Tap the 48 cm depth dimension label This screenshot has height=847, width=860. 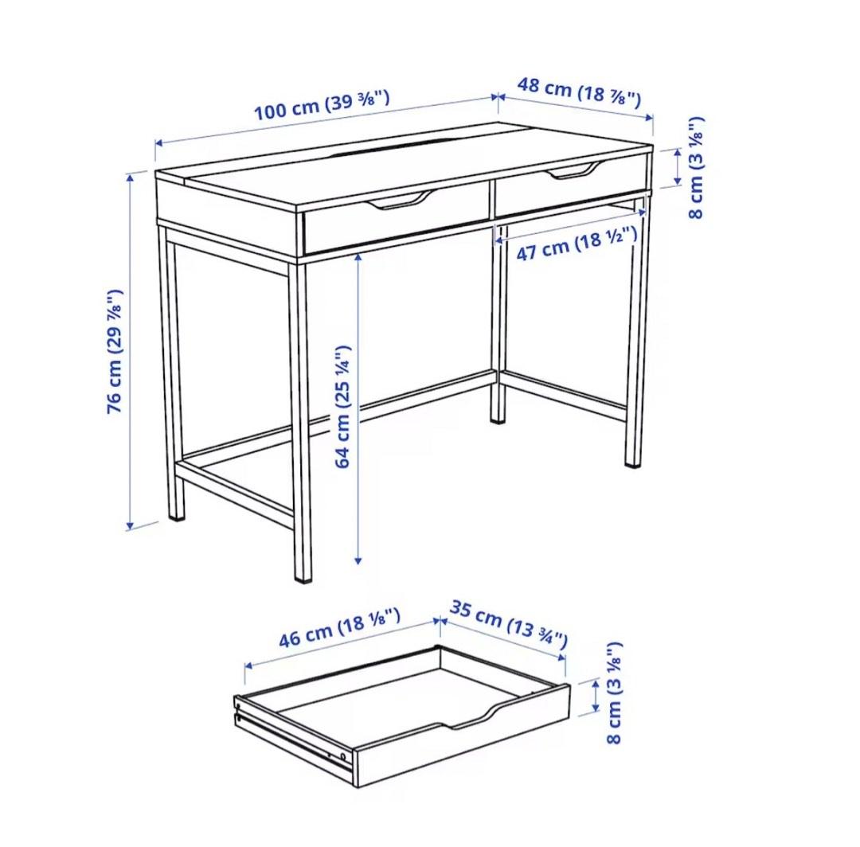pos(579,92)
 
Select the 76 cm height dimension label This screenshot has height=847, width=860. pos(115,350)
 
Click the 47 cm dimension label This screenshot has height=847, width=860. pos(577,243)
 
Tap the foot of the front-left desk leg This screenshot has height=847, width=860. pos(303,576)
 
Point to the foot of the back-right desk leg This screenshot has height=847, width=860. pos(498,417)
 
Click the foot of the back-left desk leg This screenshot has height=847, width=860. pos(177,516)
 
